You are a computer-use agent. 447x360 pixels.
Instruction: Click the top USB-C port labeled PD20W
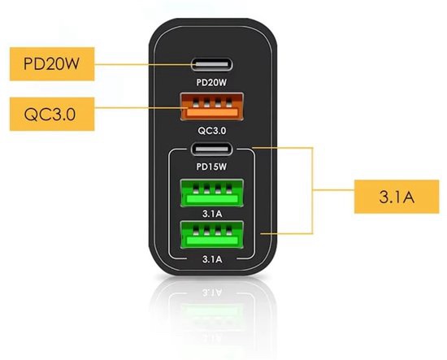[x=212, y=64]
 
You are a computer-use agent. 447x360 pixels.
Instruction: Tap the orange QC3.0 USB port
[x=212, y=106]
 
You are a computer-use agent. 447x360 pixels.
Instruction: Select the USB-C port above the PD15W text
[x=212, y=149]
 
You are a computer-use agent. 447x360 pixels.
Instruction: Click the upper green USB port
[x=212, y=193]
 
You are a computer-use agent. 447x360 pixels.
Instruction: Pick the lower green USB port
[x=212, y=235]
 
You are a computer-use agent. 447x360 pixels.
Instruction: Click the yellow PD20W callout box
[x=52, y=64]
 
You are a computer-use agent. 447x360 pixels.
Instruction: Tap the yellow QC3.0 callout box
[x=52, y=114]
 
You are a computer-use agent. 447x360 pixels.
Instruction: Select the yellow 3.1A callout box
[x=397, y=197]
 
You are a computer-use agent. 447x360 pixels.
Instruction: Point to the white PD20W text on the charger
[x=211, y=82]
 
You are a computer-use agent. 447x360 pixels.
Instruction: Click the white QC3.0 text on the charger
[x=212, y=131]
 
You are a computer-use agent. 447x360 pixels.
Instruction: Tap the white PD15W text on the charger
[x=211, y=167]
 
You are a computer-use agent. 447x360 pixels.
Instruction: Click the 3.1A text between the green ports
[x=212, y=214]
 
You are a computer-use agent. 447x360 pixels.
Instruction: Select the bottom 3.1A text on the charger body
[x=212, y=259]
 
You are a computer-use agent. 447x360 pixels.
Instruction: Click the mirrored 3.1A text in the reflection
[x=212, y=293]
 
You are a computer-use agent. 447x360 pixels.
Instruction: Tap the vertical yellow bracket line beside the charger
[x=312, y=191]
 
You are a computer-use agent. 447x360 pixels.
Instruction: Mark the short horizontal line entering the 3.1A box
[x=333, y=189]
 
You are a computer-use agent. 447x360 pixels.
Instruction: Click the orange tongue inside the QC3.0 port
[x=212, y=113]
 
